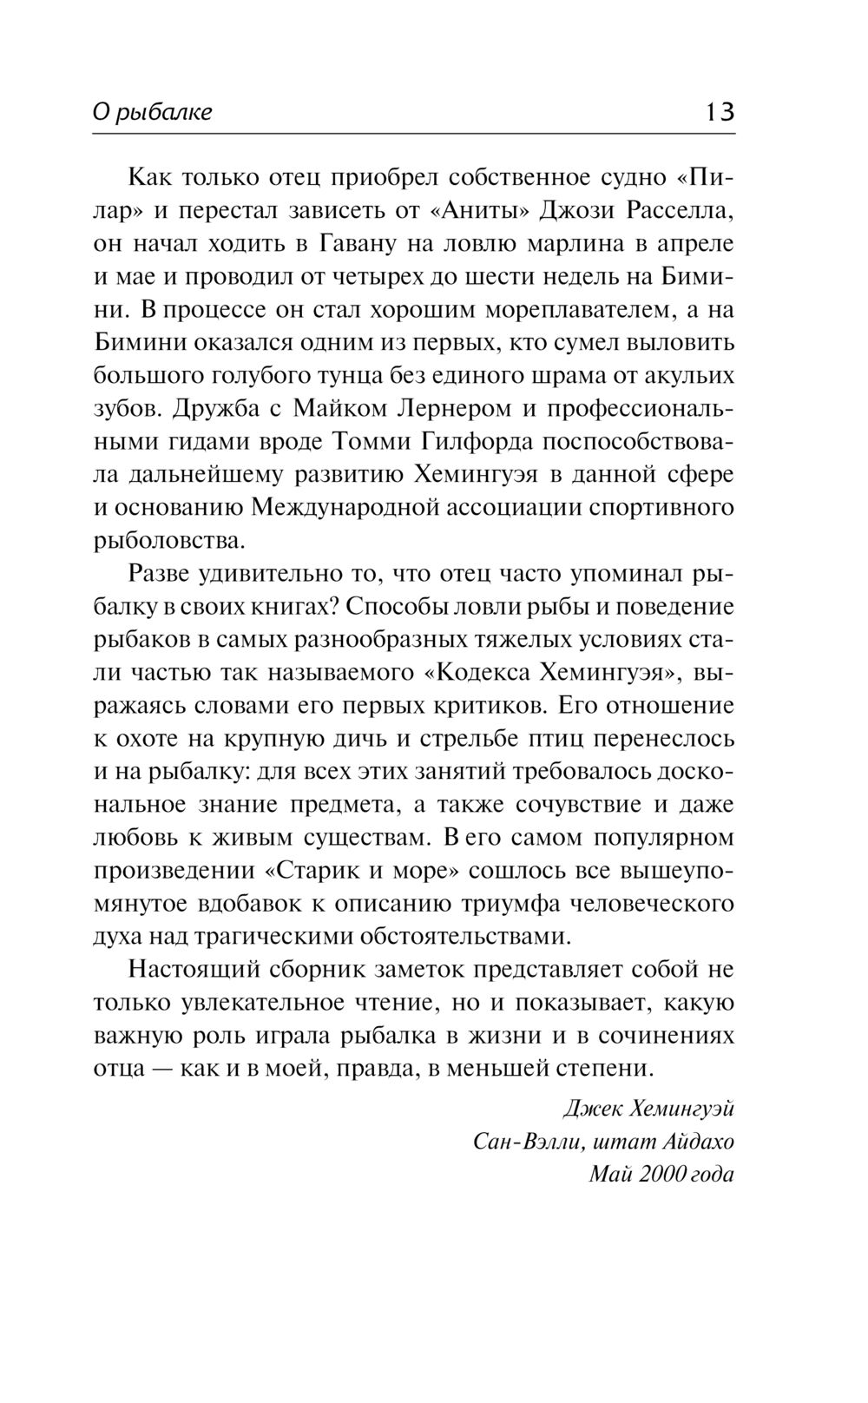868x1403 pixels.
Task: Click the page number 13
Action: [720, 112]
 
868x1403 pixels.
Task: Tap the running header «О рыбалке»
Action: [153, 113]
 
